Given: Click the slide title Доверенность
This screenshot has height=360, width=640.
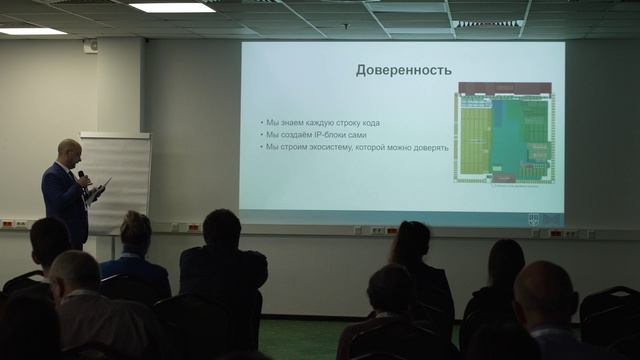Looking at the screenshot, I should coord(404,70).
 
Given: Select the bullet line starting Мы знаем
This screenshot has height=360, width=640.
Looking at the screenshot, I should coord(323,123).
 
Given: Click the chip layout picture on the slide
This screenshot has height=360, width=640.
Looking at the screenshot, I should coord(505,133).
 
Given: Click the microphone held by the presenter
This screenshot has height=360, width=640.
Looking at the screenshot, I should coord(83,176).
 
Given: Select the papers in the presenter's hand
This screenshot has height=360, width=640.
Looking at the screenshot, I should coord(100,188).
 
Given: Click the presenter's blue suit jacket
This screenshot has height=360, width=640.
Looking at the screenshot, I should coord(64,200).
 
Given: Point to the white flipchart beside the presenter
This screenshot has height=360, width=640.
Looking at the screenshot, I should coord(116,180).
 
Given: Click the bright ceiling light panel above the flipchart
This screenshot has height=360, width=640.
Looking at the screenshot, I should coord(172,7).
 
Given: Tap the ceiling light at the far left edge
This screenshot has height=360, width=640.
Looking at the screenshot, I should coord(30,31).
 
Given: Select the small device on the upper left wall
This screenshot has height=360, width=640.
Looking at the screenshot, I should coord(91,45).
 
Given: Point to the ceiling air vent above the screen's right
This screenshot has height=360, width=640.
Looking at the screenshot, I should coord(489,23).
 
